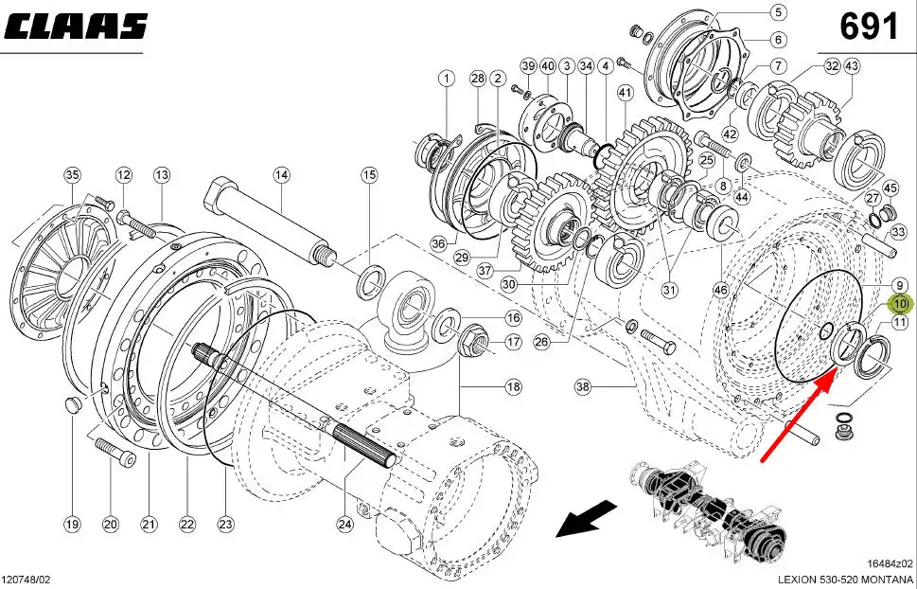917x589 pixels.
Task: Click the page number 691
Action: [869, 27]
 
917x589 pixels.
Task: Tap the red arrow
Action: [799, 418]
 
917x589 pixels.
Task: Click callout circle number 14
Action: [281, 174]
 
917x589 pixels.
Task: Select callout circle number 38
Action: [583, 387]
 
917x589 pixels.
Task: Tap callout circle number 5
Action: [778, 11]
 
